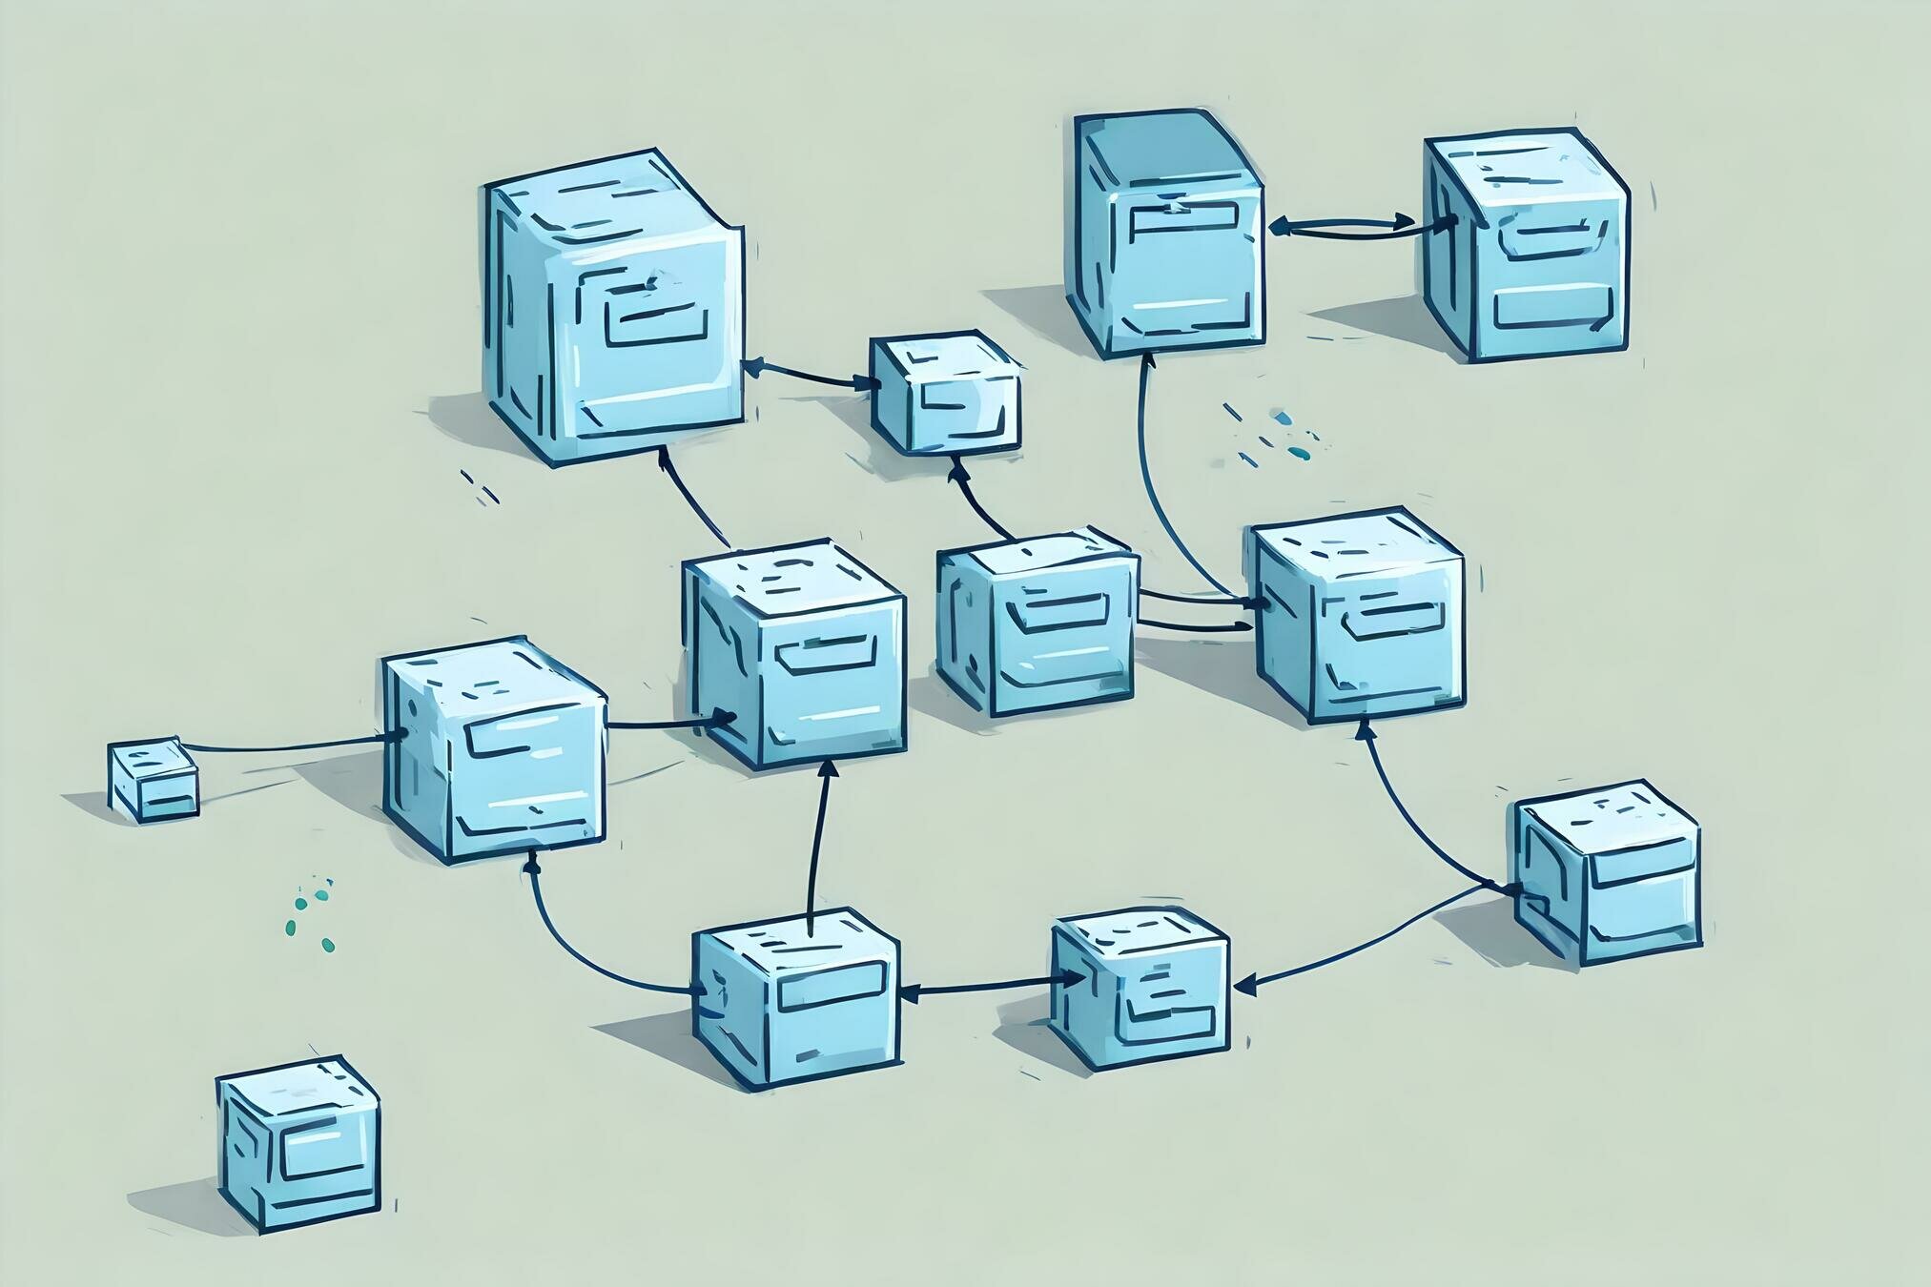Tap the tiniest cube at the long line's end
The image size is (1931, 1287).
click(153, 779)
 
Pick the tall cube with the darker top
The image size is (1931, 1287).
click(1168, 234)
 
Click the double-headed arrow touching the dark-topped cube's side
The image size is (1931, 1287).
click(1344, 225)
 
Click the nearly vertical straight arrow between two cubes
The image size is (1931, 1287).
click(818, 839)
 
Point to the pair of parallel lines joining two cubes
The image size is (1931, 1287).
click(1194, 612)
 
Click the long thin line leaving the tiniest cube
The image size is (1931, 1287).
click(286, 745)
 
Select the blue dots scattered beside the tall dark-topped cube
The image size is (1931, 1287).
click(1273, 434)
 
